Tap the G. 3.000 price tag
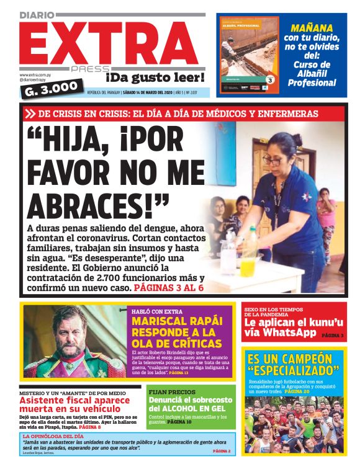53,87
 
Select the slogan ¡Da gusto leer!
155,77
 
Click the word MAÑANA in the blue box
312,27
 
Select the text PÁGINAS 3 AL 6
168,288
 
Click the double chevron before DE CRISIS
30,114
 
